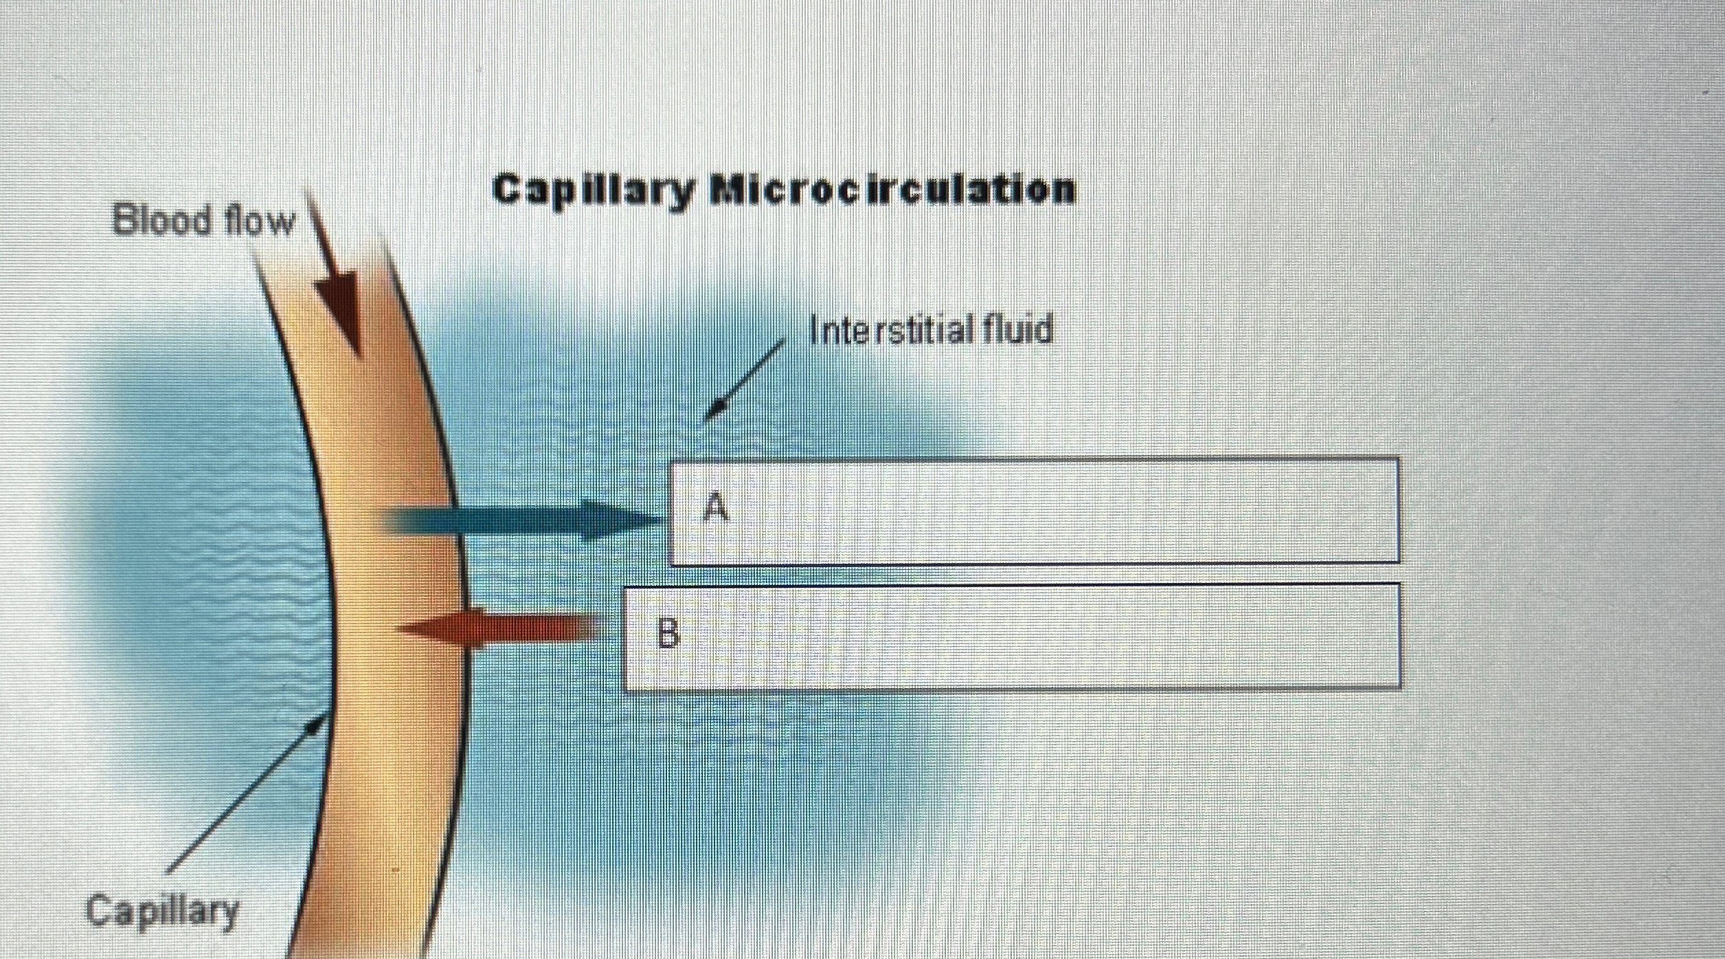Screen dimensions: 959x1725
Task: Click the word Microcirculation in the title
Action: point(892,189)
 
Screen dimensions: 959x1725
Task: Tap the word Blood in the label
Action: point(161,221)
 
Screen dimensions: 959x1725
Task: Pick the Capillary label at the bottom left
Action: point(162,911)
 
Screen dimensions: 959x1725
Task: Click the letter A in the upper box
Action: point(717,508)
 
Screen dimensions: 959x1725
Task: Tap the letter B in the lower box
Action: point(668,633)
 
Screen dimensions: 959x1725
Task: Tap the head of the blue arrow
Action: point(618,520)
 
